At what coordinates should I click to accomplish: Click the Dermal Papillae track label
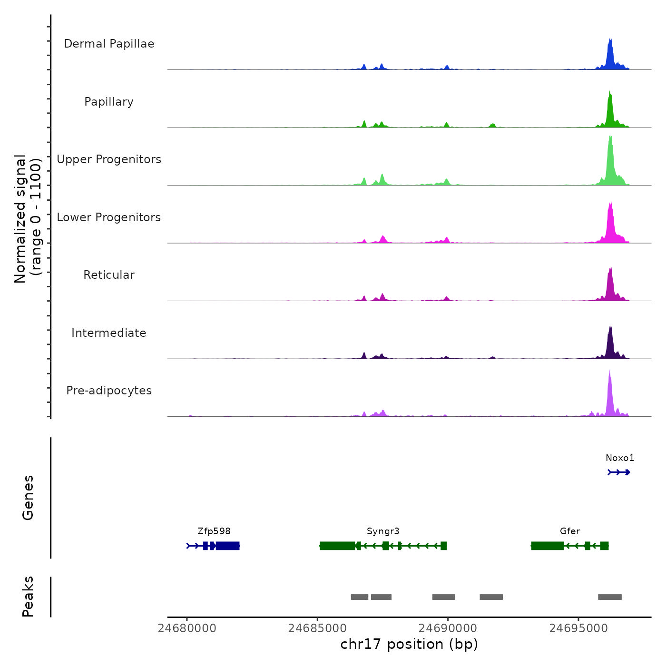(109, 44)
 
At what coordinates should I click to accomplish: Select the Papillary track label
(109, 102)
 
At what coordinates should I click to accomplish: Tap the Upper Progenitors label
(109, 159)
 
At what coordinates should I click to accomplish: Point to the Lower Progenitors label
(109, 217)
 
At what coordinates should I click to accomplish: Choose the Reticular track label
(109, 275)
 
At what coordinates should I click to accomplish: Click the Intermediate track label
(109, 333)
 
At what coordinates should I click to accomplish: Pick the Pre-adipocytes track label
(109, 391)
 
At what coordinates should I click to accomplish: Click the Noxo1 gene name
(620, 458)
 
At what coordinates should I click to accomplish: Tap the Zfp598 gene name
(214, 531)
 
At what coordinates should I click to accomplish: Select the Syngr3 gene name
(383, 531)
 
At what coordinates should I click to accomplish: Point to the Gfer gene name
(570, 531)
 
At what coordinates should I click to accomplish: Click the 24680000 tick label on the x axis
(187, 628)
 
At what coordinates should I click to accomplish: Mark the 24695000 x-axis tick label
(578, 628)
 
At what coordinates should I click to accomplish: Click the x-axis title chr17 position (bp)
(409, 644)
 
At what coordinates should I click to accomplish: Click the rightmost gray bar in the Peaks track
(610, 597)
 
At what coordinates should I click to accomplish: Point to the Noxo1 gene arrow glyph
(619, 472)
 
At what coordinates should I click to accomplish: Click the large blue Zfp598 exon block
(227, 546)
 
